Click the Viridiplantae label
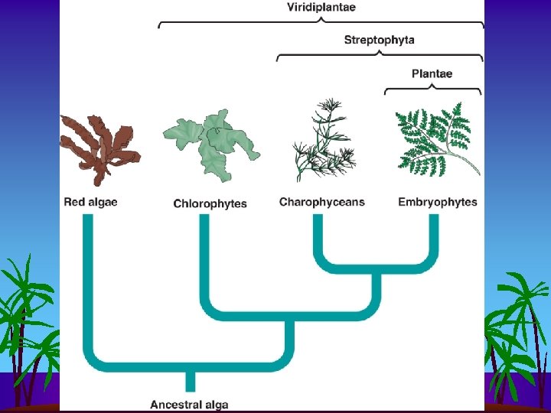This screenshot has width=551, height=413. click(321, 8)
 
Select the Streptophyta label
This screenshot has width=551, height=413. click(380, 40)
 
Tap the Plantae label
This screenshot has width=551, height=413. click(432, 74)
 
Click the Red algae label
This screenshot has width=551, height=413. click(92, 203)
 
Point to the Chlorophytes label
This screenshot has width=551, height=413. click(210, 203)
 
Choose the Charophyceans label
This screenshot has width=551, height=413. click(321, 203)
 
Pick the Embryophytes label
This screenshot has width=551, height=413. click(438, 203)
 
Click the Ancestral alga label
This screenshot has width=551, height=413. click(189, 404)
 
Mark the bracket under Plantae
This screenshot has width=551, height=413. click(432, 89)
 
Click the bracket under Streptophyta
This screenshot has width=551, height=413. click(380, 55)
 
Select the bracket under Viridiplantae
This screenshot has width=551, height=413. click(321, 23)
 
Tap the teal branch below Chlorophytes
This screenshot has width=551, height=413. click(204, 260)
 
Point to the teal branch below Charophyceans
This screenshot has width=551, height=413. click(318, 237)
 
